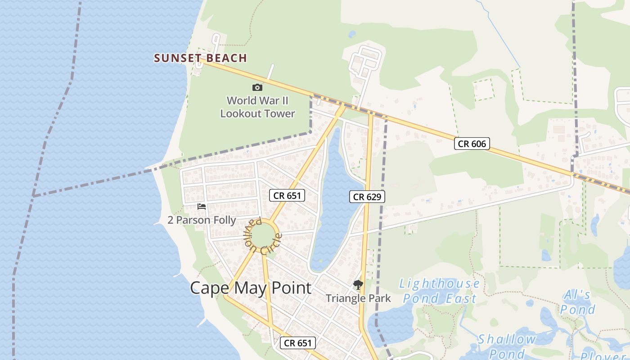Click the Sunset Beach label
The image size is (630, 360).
200,58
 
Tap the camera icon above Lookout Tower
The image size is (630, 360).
257,87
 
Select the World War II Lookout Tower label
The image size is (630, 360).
257,107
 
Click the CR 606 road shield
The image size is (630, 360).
472,144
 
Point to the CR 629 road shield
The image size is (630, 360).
367,197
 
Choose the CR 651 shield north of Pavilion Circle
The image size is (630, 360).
287,195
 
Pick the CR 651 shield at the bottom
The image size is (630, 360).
298,343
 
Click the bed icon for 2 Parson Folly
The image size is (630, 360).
202,207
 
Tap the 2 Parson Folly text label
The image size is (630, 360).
202,220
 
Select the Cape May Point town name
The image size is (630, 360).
250,288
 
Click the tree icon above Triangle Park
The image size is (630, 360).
358,284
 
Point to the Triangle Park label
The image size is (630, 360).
358,298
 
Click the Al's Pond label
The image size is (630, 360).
577,302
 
